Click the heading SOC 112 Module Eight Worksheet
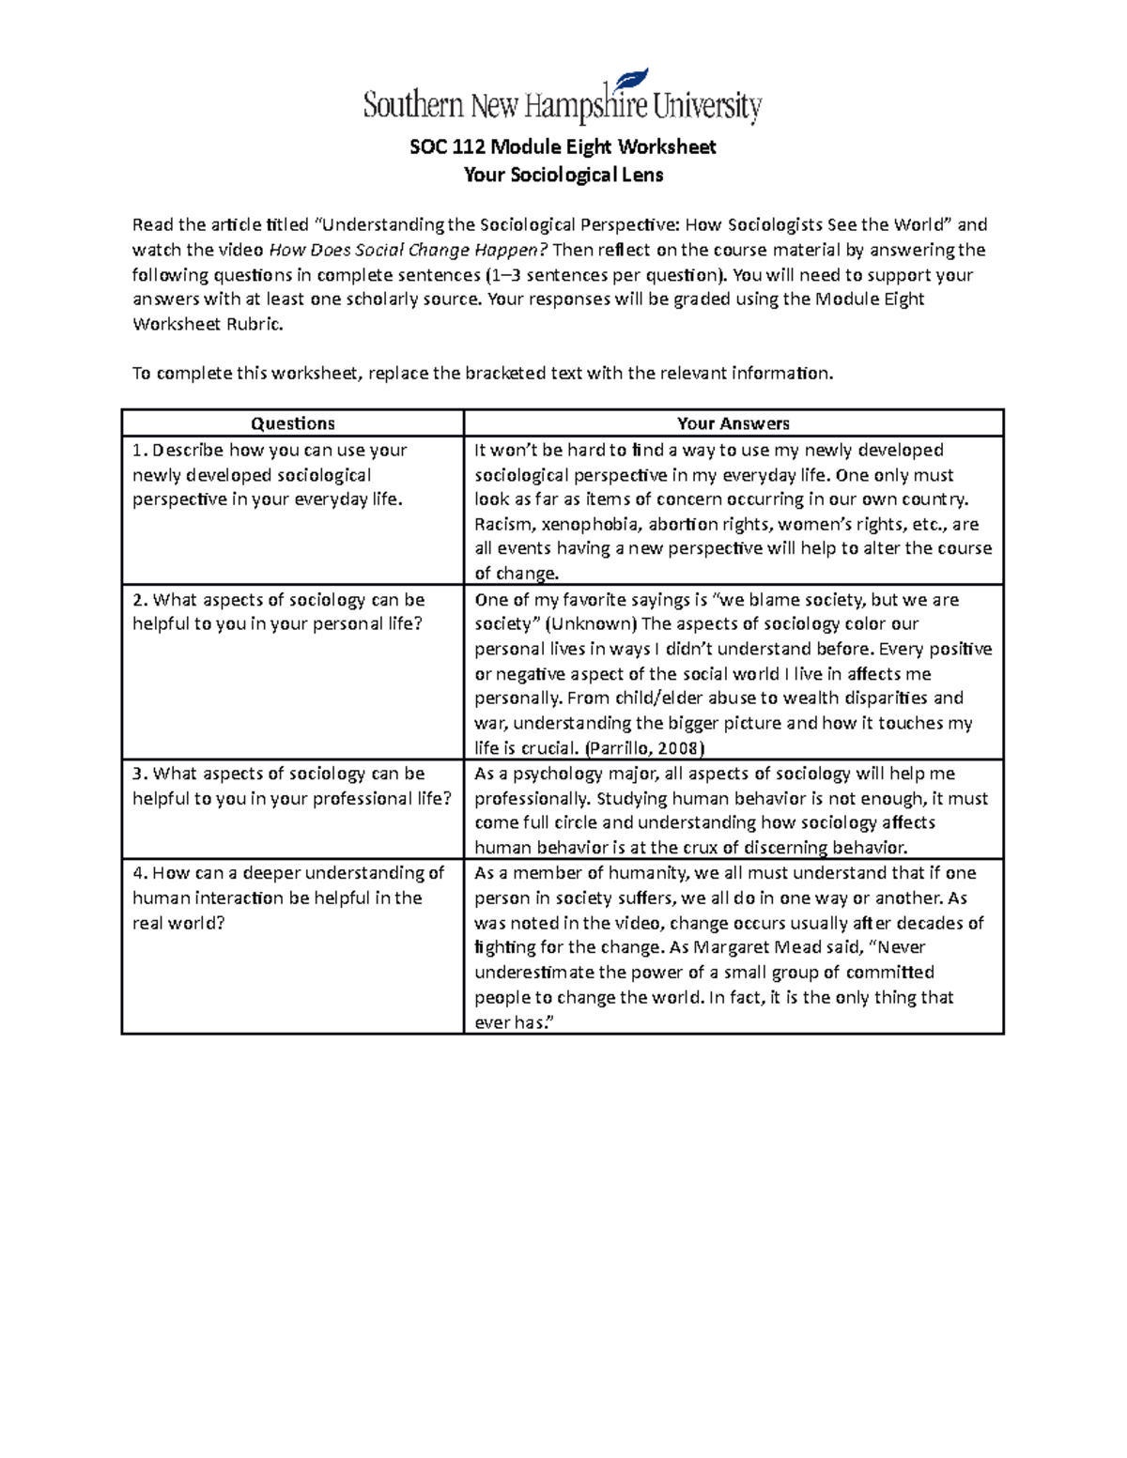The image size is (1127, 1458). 563,146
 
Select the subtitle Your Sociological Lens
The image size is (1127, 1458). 563,175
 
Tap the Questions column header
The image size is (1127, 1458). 293,423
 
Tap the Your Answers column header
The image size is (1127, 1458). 733,423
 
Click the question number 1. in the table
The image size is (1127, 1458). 139,451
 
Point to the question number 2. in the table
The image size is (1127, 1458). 140,600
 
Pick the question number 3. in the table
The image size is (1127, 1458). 140,774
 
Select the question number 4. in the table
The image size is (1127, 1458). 140,873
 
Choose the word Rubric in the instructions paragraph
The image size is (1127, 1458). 251,324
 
